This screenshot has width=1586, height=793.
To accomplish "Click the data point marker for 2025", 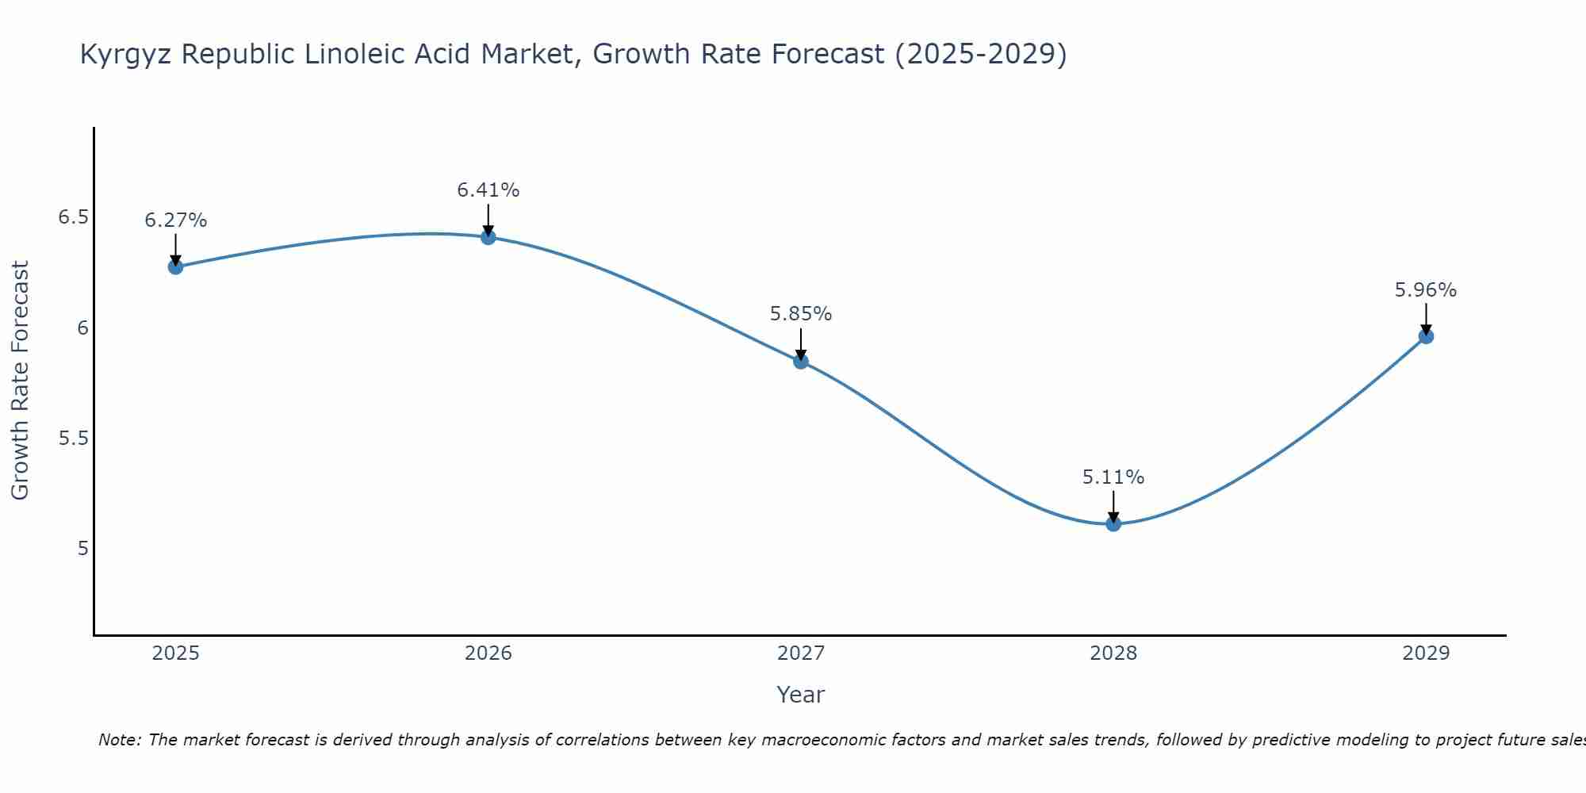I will (175, 266).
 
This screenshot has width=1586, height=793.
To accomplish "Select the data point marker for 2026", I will (488, 236).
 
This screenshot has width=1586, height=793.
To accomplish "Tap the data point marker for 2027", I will (801, 361).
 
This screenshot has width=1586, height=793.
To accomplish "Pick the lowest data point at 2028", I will (1113, 523).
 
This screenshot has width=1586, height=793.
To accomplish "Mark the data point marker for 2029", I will (1426, 336).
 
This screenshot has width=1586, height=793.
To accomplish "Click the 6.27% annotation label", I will (175, 220).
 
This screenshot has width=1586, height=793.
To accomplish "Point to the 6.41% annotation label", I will (488, 190).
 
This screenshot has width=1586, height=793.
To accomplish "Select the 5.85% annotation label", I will (801, 314).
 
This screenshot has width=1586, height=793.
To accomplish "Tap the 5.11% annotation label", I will (1113, 477).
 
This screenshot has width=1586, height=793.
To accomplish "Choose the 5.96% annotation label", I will (1426, 290).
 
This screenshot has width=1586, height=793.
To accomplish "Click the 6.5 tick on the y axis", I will (73, 217).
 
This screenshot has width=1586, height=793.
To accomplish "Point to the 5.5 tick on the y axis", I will (73, 438).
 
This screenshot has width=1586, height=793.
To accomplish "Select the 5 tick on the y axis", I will (83, 548).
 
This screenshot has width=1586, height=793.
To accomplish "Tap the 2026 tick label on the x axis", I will (488, 653).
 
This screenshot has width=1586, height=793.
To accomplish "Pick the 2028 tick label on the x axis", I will (1113, 653).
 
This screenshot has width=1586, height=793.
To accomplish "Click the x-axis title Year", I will (801, 695).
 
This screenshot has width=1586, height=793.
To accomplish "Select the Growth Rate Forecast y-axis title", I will (20, 381).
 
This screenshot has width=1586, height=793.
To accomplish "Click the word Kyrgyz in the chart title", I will (126, 56).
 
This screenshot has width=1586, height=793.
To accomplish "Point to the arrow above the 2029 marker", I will (1426, 319).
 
